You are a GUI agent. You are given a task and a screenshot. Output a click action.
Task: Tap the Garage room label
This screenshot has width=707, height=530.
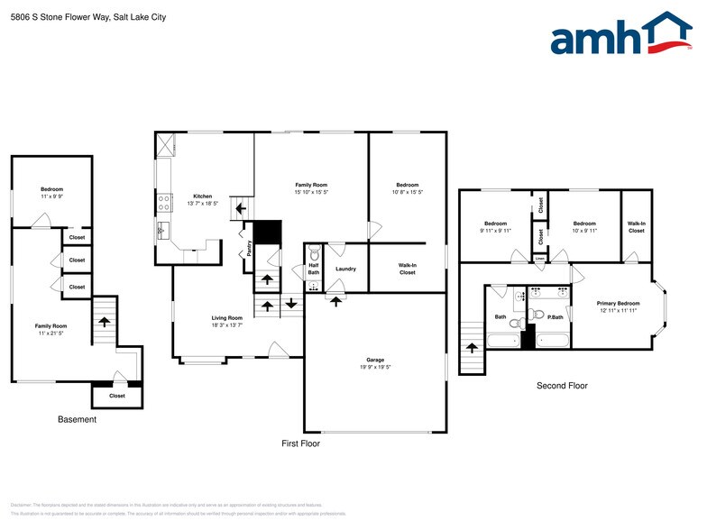376,359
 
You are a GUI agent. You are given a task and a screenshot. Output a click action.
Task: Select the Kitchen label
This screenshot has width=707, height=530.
203,196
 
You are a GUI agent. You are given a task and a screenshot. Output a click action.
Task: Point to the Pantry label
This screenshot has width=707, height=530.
249,248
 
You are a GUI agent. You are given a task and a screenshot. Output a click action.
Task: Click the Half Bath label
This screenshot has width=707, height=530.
314,268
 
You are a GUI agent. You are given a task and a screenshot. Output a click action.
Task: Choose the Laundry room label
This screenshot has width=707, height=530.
345,269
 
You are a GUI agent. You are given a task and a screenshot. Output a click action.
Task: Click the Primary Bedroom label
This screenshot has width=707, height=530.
618,304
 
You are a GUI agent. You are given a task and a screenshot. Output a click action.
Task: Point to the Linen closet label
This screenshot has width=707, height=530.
539,259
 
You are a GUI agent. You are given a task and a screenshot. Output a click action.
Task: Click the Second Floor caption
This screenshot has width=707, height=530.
562,386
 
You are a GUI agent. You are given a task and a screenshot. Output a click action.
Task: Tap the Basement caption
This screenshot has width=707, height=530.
77,419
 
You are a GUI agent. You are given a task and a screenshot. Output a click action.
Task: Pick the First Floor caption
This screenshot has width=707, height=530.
300,443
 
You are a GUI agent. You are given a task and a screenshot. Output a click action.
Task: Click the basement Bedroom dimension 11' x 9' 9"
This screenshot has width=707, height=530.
51,196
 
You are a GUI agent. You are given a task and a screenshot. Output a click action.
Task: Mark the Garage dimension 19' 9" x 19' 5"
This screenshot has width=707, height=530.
376,367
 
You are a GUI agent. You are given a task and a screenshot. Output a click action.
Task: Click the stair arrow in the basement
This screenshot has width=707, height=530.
105,321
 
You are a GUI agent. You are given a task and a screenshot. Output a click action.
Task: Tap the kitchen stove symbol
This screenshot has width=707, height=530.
164,201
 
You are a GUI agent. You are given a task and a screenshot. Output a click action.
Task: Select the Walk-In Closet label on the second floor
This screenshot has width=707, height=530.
636,227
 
